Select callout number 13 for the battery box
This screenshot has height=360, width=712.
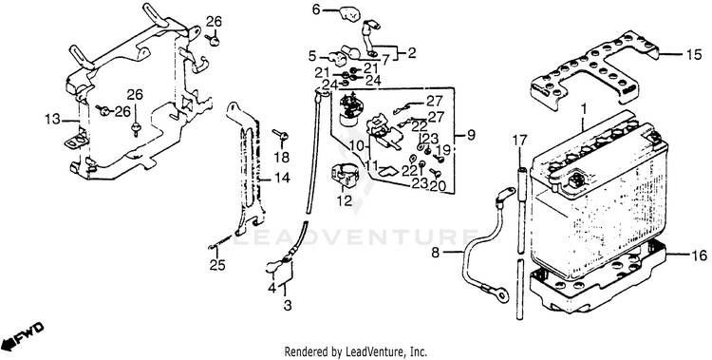tap(52, 120)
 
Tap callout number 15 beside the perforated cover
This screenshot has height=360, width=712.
tap(694, 54)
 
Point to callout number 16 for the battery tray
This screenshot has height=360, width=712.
tap(700, 256)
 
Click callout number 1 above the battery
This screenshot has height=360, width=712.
tap(585, 109)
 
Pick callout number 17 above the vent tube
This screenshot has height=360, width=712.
tap(521, 141)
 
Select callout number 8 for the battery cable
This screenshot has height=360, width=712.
tap(436, 253)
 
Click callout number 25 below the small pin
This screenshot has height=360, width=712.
tap(217, 265)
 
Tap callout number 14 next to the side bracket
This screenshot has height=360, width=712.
tap(282, 178)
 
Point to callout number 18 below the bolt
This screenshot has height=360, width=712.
tap(282, 158)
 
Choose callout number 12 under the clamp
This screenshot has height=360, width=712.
tap(345, 200)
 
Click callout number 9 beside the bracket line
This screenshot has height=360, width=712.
tap(471, 135)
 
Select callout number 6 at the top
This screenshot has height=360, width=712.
tap(316, 9)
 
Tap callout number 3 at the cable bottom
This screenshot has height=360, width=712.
tap(288, 306)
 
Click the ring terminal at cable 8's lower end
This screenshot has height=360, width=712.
tap(501, 295)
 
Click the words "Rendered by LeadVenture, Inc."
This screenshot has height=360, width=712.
tap(356, 351)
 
